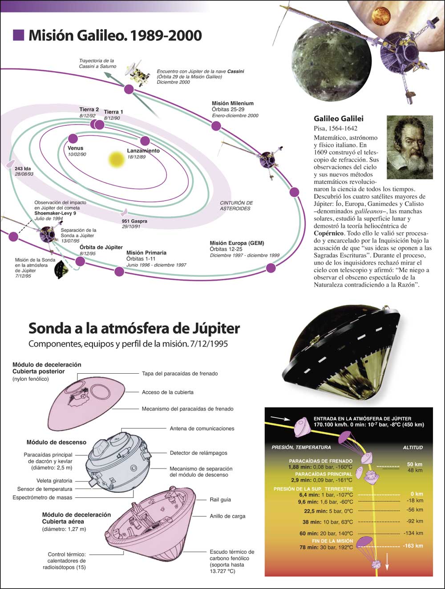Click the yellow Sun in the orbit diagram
(116, 160)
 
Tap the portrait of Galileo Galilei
(409, 147)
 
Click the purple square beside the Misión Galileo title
(19, 35)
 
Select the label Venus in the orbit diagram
(76, 148)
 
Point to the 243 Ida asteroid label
(23, 169)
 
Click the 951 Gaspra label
(134, 221)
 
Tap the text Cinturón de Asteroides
(236, 206)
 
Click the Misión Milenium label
(233, 103)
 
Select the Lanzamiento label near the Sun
(143, 151)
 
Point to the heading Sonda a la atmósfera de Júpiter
(134, 328)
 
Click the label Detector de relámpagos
(198, 453)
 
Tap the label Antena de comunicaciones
(202, 428)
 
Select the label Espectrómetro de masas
(42, 497)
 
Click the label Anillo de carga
(227, 516)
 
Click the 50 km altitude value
(415, 464)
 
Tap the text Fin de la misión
(332, 541)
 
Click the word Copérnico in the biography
(329, 233)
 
